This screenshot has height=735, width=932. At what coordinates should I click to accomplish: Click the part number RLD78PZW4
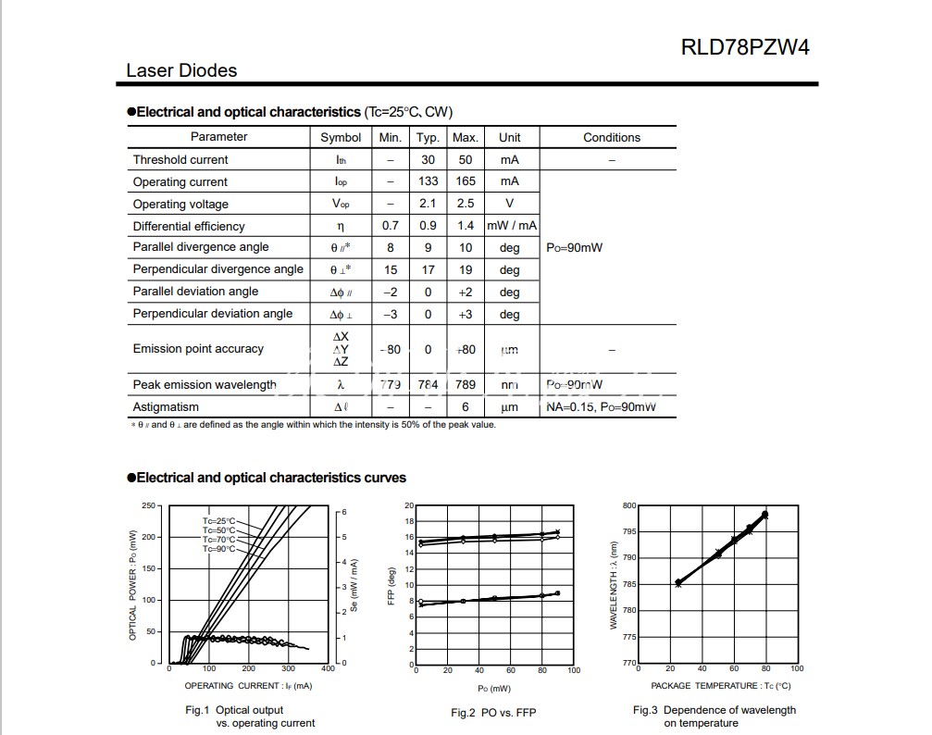pyautogui.click(x=745, y=47)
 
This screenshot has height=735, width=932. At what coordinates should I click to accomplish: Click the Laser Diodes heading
pyautogui.click(x=181, y=70)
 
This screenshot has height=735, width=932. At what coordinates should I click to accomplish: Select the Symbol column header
pyautogui.click(x=341, y=137)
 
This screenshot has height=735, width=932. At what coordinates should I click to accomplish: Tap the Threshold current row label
pyautogui.click(x=180, y=159)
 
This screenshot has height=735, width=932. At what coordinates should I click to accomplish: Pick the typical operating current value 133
pyautogui.click(x=428, y=181)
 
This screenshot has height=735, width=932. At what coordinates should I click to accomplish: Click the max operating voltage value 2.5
pyautogui.click(x=465, y=204)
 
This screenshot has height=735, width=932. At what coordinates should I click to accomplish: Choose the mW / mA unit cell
pyautogui.click(x=512, y=226)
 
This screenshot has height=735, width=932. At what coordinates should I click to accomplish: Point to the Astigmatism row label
pyautogui.click(x=166, y=406)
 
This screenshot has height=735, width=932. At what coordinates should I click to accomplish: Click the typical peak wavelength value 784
pyautogui.click(x=428, y=384)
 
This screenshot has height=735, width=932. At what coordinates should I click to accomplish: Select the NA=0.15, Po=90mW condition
pyautogui.click(x=601, y=406)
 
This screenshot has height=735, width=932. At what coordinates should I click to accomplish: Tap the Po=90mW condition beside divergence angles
pyautogui.click(x=574, y=248)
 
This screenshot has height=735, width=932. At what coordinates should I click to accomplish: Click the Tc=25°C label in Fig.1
pyautogui.click(x=219, y=521)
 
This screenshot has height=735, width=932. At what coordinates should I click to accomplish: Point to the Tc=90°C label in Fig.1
pyautogui.click(x=219, y=549)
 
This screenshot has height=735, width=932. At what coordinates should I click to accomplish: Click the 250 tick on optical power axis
pyautogui.click(x=149, y=505)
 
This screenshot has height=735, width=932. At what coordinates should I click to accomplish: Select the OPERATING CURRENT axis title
pyautogui.click(x=248, y=686)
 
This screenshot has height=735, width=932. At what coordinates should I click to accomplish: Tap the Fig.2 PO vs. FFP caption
pyautogui.click(x=493, y=712)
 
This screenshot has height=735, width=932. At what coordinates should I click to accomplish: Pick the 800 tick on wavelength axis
pyautogui.click(x=630, y=505)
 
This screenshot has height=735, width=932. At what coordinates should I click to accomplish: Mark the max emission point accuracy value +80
pyautogui.click(x=465, y=350)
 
